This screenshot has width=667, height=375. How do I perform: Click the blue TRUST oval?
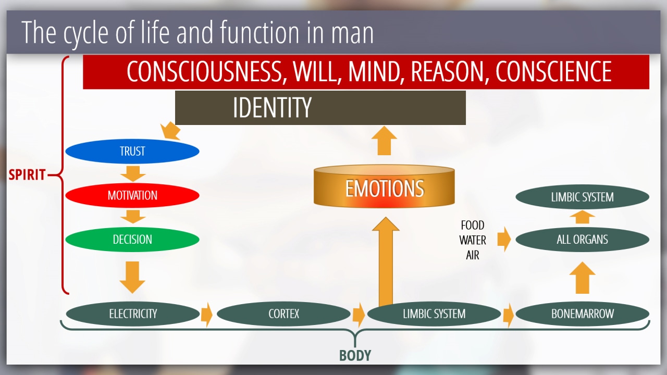tap(132, 151)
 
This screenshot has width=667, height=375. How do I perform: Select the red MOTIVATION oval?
tap(132, 195)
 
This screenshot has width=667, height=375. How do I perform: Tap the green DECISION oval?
tap(132, 239)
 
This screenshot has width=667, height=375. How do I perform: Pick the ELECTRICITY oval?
tap(133, 314)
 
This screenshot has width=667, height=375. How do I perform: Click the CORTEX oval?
tap(283, 314)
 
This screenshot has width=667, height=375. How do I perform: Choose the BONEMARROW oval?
tap(583, 314)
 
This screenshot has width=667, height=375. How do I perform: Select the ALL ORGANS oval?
tap(583, 239)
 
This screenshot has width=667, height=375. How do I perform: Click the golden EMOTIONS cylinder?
tap(384, 186)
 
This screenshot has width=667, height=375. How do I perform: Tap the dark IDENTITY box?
tap(320, 108)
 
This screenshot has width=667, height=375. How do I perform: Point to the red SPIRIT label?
tap(27, 174)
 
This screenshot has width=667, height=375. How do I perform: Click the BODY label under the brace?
tap(355, 356)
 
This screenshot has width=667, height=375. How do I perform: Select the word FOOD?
tap(473, 226)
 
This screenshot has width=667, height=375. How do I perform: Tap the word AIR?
tap(473, 255)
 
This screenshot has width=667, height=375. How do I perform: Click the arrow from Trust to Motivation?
tap(133, 174)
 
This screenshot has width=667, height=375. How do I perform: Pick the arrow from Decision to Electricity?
tap(132, 278)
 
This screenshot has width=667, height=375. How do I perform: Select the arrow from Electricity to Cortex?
tap(207, 315)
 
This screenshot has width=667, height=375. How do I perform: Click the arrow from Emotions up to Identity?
tap(384, 141)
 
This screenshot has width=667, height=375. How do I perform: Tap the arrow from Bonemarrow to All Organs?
tap(583, 278)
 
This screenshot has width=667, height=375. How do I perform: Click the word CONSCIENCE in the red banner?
tap(553, 71)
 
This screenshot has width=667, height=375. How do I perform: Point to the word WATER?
tap(473, 240)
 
